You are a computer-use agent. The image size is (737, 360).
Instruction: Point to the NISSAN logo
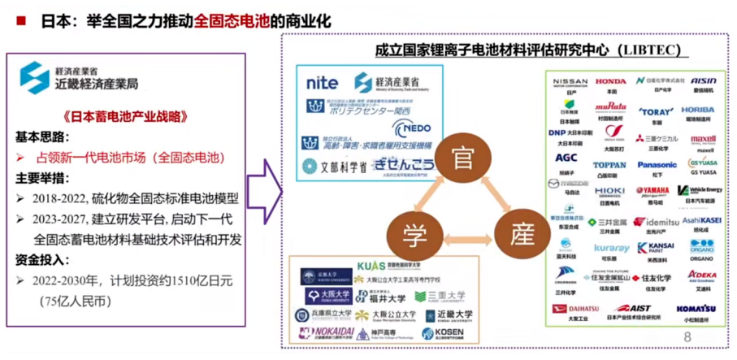(570, 82)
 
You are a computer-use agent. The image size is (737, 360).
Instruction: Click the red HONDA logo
(610, 81)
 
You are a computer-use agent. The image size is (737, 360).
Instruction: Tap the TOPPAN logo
(609, 165)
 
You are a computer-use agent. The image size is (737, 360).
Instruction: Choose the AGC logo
(566, 158)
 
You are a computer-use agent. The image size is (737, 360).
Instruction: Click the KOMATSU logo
(696, 309)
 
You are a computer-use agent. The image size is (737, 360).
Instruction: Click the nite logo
(323, 83)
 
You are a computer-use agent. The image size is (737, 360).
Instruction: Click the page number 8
(687, 337)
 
